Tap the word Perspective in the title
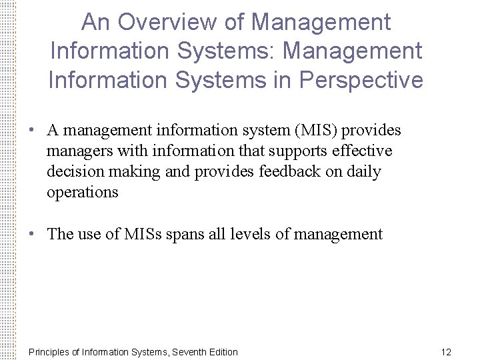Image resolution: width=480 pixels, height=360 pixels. tap(361, 80)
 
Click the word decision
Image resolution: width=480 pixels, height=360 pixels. tap(73, 172)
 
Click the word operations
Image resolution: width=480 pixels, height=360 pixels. tap(82, 193)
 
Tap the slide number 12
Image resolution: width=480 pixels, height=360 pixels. tap(446, 352)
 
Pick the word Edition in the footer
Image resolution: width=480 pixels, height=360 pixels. tap(223, 352)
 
